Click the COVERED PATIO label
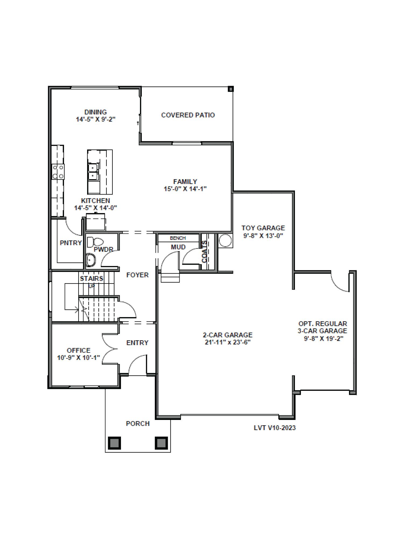[188, 115]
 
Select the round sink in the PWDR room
[91, 260]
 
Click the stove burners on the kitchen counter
[58, 172]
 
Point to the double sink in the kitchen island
[93, 172]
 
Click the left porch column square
[114, 443]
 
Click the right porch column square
[161, 443]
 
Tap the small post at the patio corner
[231, 89]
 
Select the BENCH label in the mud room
[178, 238]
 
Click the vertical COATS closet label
[205, 252]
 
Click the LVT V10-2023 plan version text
[274, 428]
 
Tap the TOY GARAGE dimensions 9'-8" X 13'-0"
[263, 236]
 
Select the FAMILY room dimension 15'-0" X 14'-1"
[185, 189]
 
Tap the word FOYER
[137, 275]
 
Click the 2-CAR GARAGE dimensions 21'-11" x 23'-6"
[227, 342]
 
